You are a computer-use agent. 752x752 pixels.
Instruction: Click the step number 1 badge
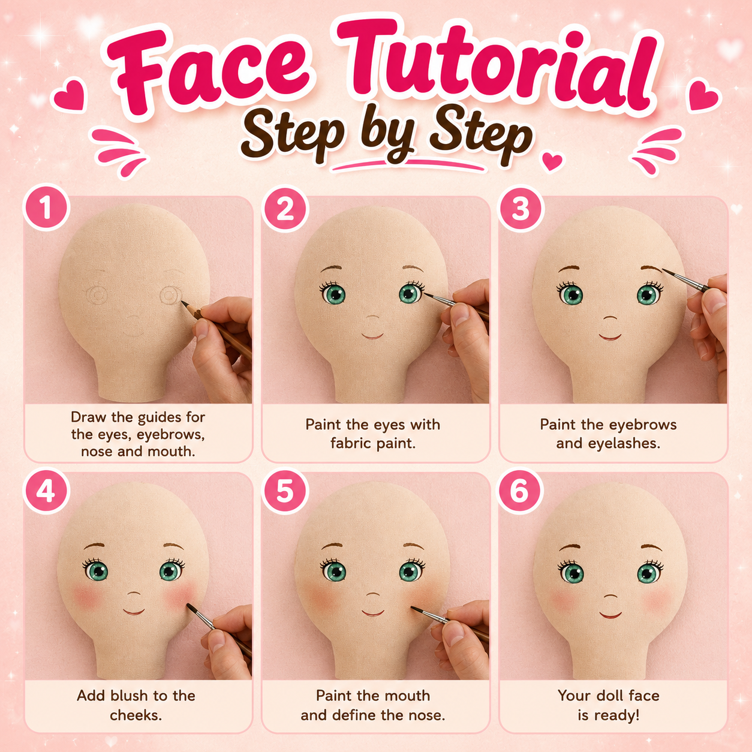pos(46,208)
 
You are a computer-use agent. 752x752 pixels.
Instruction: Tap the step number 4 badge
pos(46,492)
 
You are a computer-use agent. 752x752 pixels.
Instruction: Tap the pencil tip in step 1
pos(182,302)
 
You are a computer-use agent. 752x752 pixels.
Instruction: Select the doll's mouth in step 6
pos(610,615)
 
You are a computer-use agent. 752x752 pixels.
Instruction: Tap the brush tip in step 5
pos(413,607)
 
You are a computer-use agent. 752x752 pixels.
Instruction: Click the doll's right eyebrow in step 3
pos(652,269)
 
